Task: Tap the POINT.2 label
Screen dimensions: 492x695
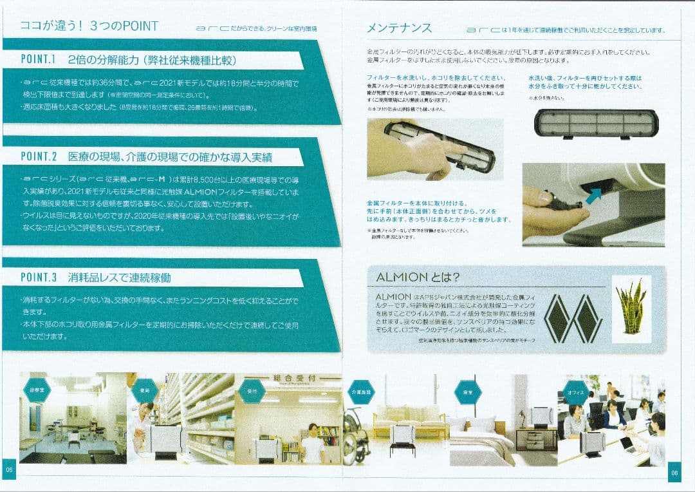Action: pyautogui.click(x=39, y=156)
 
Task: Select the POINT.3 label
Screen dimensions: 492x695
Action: pyautogui.click(x=39, y=278)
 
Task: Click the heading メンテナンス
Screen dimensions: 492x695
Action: pyautogui.click(x=399, y=28)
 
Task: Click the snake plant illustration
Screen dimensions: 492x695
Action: pyautogui.click(x=631, y=309)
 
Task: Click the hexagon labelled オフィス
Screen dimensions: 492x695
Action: pyautogui.click(x=576, y=392)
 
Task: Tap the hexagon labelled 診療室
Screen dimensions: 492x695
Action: pyautogui.click(x=37, y=390)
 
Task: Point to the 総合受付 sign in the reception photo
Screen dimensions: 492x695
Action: pyautogui.click(x=288, y=379)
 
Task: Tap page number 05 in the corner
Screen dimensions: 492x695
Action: pyautogui.click(x=9, y=470)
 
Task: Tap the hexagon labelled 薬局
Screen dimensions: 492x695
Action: pyautogui.click(x=144, y=390)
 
